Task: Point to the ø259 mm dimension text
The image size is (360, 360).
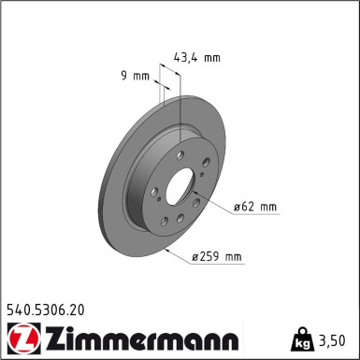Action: (216, 257)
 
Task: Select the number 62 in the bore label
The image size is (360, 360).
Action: (246, 206)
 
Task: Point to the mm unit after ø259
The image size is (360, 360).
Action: (232, 257)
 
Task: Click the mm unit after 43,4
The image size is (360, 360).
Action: (212, 57)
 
